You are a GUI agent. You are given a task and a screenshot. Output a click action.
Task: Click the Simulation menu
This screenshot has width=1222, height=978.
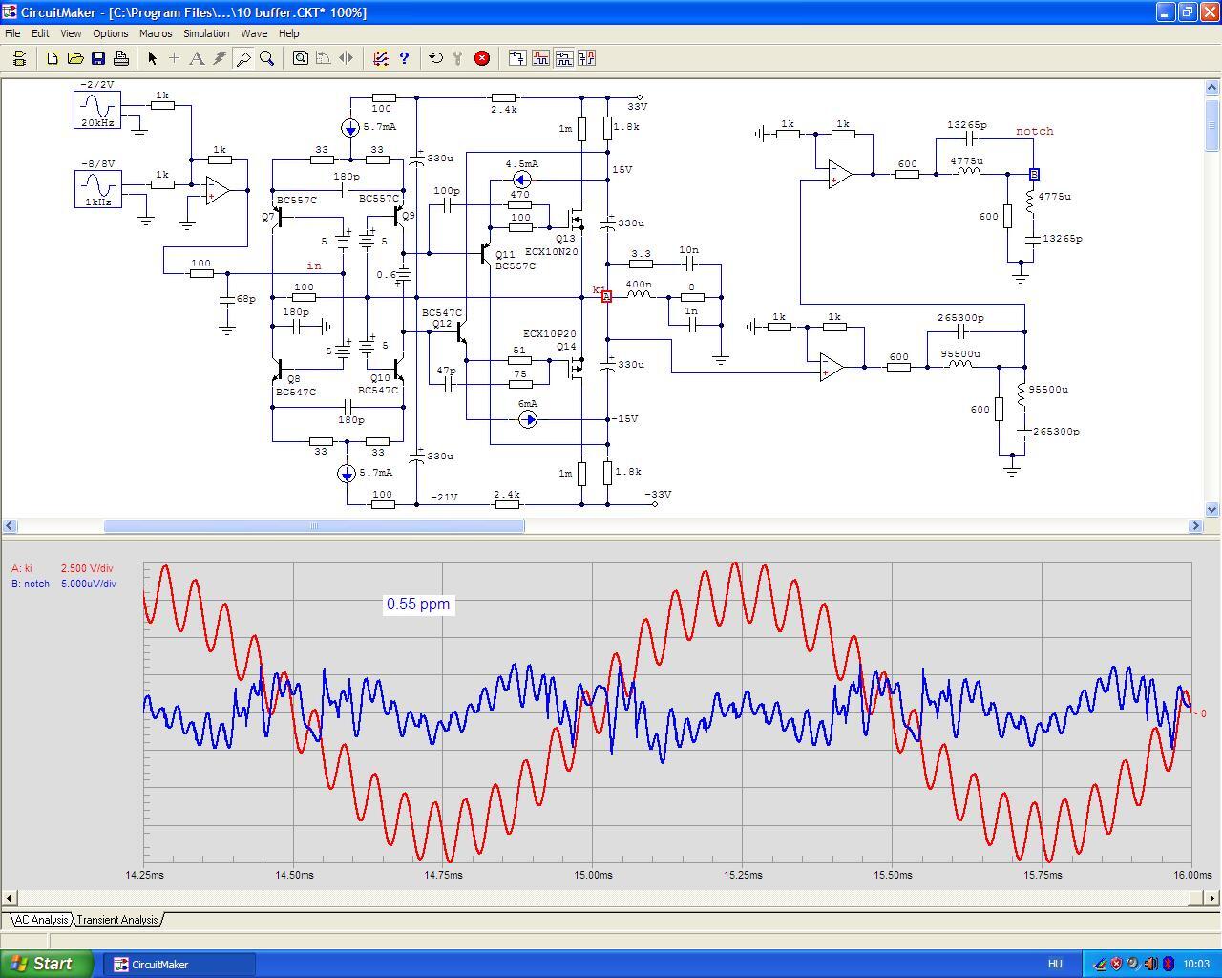click(206, 33)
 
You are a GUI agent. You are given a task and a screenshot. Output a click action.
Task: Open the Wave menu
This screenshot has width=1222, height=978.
click(254, 33)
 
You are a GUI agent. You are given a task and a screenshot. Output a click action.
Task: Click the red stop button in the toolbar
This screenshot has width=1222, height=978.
click(481, 58)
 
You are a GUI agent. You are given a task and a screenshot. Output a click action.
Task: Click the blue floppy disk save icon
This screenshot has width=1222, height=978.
click(98, 58)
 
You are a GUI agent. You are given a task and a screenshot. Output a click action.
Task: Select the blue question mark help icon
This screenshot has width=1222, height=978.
click(404, 58)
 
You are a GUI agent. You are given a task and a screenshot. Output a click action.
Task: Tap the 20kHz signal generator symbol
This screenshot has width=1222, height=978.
click(97, 109)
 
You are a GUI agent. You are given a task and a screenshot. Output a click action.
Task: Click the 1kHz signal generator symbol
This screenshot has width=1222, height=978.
click(98, 189)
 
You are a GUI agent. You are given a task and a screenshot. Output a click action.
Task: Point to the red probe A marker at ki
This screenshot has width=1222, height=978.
click(606, 296)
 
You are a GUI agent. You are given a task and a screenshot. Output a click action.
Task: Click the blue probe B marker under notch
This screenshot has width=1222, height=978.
click(1034, 174)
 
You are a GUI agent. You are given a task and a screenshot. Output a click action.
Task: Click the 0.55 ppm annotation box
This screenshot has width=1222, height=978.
click(418, 604)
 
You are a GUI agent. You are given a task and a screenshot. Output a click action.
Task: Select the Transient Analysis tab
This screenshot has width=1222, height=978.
click(117, 920)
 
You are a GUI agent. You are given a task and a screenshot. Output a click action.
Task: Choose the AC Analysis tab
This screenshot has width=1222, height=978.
click(41, 920)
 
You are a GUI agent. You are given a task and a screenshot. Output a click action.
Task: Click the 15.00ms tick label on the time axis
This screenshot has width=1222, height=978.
click(593, 875)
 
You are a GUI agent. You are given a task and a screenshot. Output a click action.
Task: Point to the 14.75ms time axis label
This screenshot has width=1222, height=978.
click(443, 875)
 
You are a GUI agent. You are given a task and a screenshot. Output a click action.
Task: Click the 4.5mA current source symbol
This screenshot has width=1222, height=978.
click(522, 181)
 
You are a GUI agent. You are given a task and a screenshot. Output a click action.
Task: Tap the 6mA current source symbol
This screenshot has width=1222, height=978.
click(528, 420)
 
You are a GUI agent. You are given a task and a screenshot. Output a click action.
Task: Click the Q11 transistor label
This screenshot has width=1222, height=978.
click(504, 254)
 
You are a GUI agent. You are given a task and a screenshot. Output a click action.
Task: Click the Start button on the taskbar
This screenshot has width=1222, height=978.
click(46, 964)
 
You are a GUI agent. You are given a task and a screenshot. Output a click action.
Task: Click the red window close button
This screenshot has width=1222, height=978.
click(1210, 11)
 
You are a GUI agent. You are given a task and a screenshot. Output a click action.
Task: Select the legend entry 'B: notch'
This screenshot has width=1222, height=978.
click(31, 584)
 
